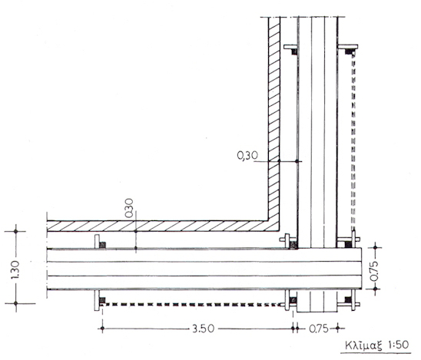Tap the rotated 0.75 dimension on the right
pyautogui.click(x=375, y=272)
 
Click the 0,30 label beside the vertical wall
pyautogui.click(x=247, y=156)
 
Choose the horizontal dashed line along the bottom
pyautogui.click(x=192, y=305)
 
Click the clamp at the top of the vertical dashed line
pyautogui.click(x=348, y=51)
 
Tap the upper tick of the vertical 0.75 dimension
pyautogui.click(x=375, y=247)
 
